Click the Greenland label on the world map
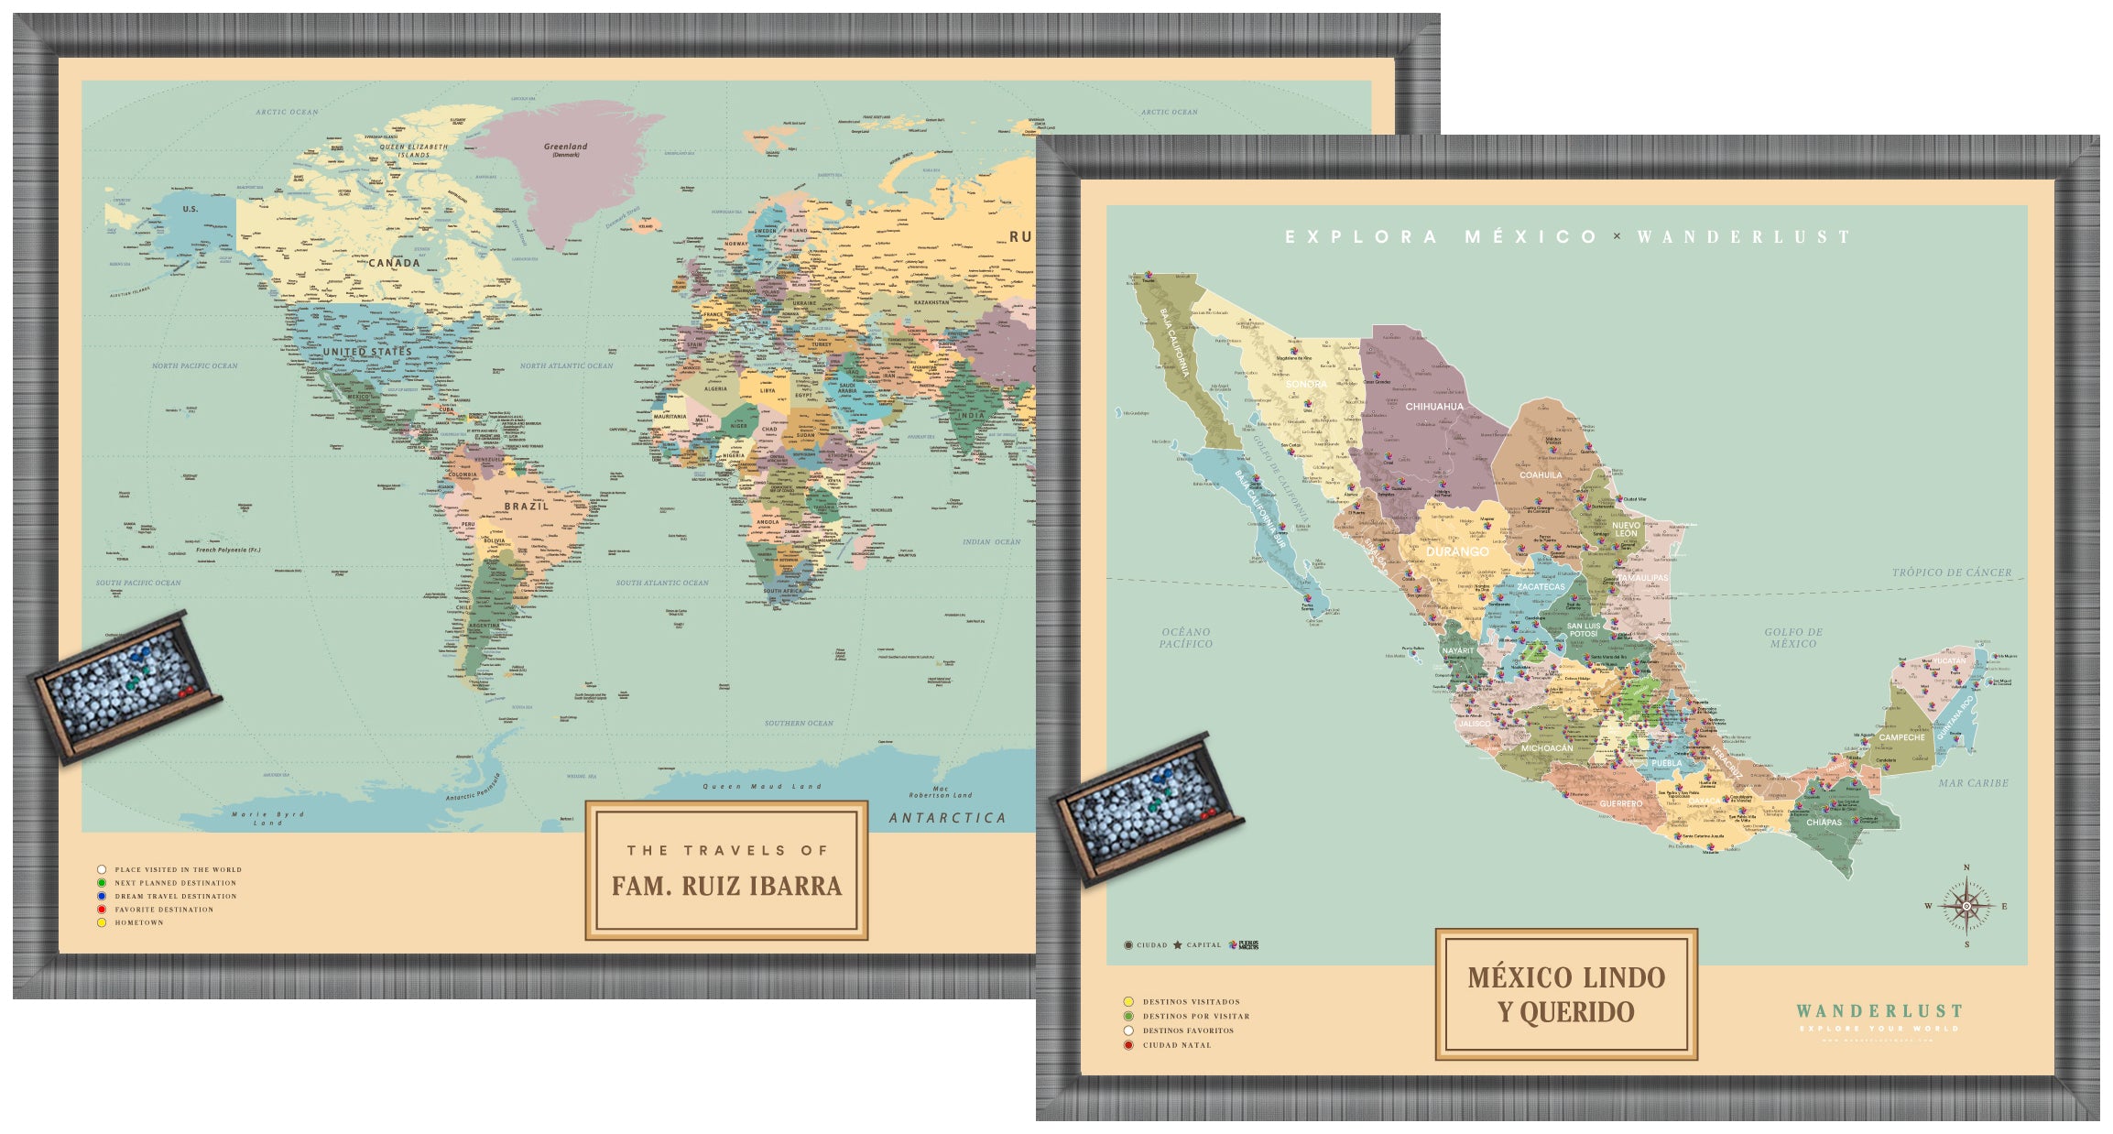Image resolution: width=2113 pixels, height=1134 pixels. tap(565, 147)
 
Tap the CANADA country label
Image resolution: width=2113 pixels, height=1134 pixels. tap(394, 263)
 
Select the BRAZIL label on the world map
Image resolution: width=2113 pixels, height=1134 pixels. tap(526, 507)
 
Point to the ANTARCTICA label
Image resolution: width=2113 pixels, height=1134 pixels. tap(947, 818)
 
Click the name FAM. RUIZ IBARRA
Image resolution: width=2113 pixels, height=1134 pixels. tap(726, 886)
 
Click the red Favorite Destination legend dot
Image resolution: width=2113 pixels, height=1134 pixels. tap(102, 910)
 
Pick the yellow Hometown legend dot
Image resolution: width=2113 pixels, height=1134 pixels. tap(102, 922)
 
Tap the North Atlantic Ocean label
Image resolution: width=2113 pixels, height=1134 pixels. tap(566, 365)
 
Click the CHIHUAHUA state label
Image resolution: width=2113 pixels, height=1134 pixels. tap(1434, 407)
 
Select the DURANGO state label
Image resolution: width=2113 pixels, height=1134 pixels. tap(1457, 551)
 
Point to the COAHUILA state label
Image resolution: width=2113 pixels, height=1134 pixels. tap(1541, 475)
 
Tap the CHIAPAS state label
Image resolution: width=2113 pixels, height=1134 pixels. tap(1824, 823)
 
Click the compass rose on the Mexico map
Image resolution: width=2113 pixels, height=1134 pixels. tap(1966, 906)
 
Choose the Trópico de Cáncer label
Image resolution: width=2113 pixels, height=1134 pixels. tap(1952, 572)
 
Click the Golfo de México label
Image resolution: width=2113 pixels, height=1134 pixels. tap(1793, 638)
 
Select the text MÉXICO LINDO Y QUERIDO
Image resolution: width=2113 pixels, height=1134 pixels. tap(1566, 994)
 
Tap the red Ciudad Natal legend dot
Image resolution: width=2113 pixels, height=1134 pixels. tap(1128, 1045)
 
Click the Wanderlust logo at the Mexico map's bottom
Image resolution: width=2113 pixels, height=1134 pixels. tap(1879, 1013)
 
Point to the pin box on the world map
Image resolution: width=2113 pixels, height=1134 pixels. tap(125, 684)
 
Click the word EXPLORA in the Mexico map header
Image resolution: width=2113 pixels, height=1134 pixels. tap(1361, 237)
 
